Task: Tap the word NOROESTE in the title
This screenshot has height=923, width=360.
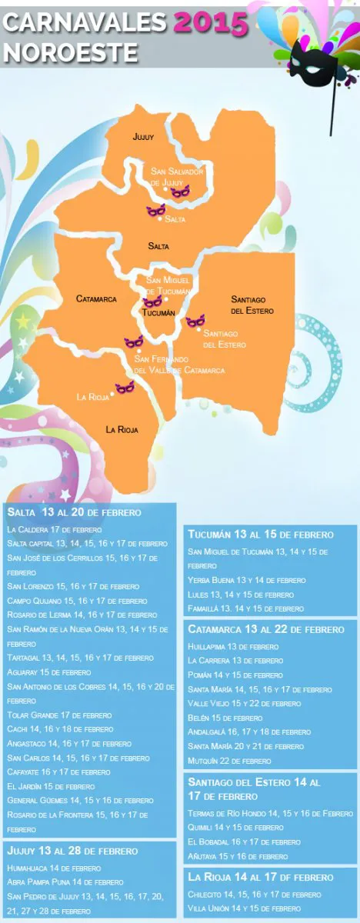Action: (x=71, y=52)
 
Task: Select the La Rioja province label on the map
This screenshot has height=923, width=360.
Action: (x=122, y=429)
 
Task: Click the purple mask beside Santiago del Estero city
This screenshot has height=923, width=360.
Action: (x=195, y=320)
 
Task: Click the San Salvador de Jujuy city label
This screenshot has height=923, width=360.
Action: (x=177, y=178)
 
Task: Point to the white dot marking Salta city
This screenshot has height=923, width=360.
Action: (x=160, y=219)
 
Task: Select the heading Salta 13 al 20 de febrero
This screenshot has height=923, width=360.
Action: (x=74, y=512)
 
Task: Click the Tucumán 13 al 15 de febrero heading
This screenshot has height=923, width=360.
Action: (x=261, y=535)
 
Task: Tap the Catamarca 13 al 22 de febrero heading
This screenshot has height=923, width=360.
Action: (x=266, y=629)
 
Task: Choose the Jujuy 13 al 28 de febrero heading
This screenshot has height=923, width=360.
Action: (x=72, y=851)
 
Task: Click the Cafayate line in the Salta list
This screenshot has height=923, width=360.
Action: (x=58, y=771)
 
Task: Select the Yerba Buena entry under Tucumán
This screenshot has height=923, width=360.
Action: (x=246, y=580)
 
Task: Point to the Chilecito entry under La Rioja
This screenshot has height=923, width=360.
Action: (x=254, y=895)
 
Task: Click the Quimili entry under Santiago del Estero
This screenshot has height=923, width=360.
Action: (x=235, y=827)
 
